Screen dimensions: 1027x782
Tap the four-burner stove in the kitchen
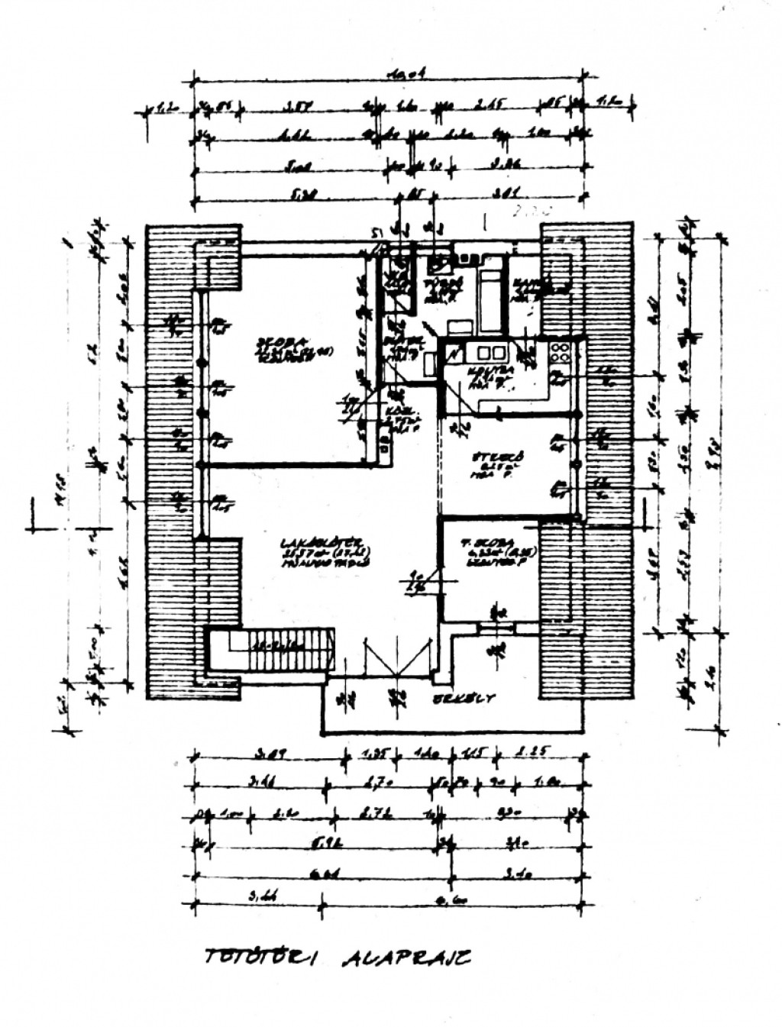pyautogui.click(x=560, y=352)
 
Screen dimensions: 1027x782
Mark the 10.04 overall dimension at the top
pyautogui.click(x=406, y=75)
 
